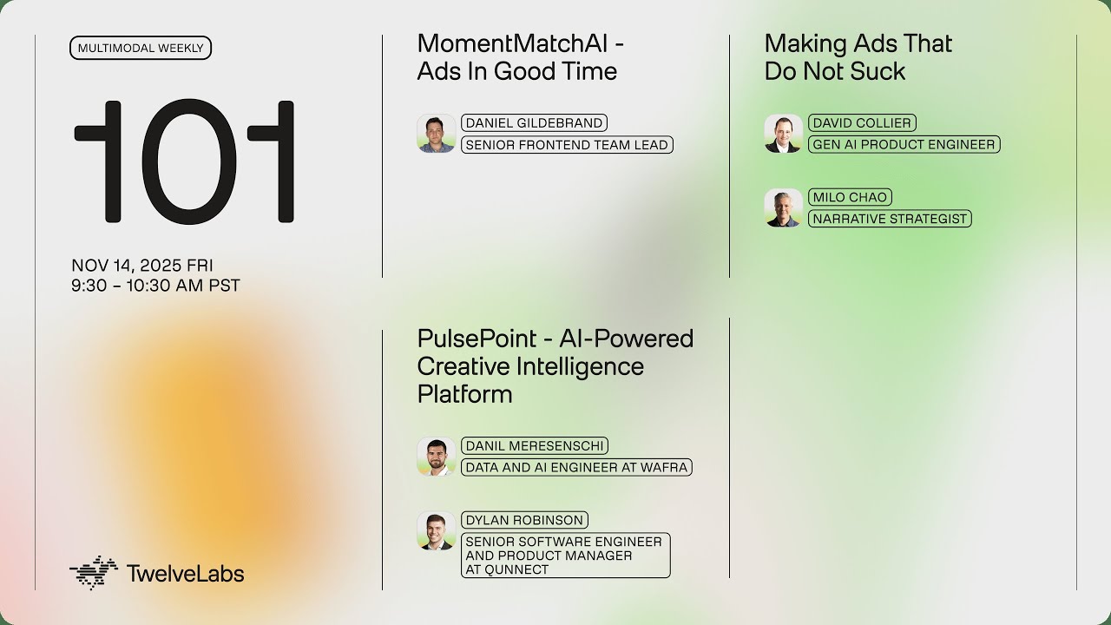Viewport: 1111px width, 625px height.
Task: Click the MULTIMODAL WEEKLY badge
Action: [141, 48]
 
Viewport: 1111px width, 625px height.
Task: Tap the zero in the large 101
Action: [183, 162]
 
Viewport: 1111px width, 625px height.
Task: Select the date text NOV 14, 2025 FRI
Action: [142, 266]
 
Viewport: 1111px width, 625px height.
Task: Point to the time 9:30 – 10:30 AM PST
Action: [155, 286]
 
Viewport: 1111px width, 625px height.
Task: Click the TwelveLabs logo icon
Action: [93, 573]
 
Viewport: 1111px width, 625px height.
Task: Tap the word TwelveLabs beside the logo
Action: [185, 574]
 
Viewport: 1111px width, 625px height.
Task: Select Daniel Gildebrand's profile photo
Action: [436, 134]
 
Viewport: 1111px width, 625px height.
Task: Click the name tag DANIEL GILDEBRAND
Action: [534, 123]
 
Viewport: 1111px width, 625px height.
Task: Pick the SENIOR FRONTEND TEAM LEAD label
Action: [567, 145]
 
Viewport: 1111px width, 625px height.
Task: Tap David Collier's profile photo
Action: [783, 134]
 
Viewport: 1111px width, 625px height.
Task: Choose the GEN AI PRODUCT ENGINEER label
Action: [904, 145]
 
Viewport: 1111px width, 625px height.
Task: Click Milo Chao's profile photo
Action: [783, 208]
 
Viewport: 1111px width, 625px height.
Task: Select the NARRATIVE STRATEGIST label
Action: [890, 219]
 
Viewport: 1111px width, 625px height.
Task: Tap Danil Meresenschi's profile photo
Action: [436, 457]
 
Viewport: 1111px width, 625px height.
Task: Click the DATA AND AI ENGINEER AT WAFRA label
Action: [576, 467]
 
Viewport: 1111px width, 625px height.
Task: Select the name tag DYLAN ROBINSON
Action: [524, 520]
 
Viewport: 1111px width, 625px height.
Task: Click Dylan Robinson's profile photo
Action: [436, 531]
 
